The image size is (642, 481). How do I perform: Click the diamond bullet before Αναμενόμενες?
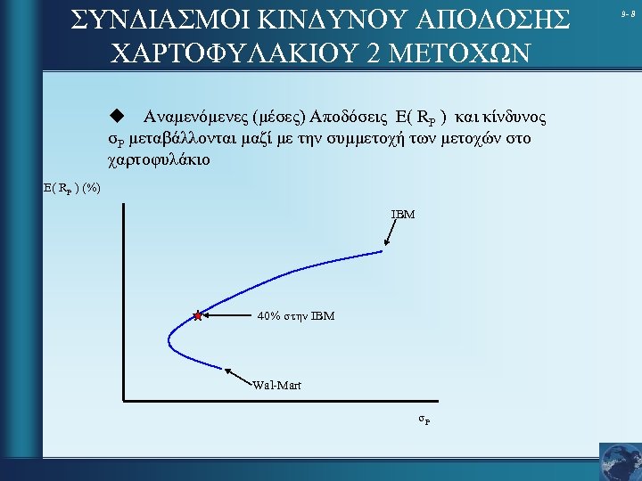[x=114, y=116]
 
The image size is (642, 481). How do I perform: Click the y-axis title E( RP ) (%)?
[x=72, y=188]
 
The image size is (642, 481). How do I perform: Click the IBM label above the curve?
[x=403, y=215]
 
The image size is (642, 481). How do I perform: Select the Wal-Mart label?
[x=276, y=385]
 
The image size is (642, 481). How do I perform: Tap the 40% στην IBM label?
[x=295, y=315]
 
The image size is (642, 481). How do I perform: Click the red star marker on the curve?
[x=197, y=315]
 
